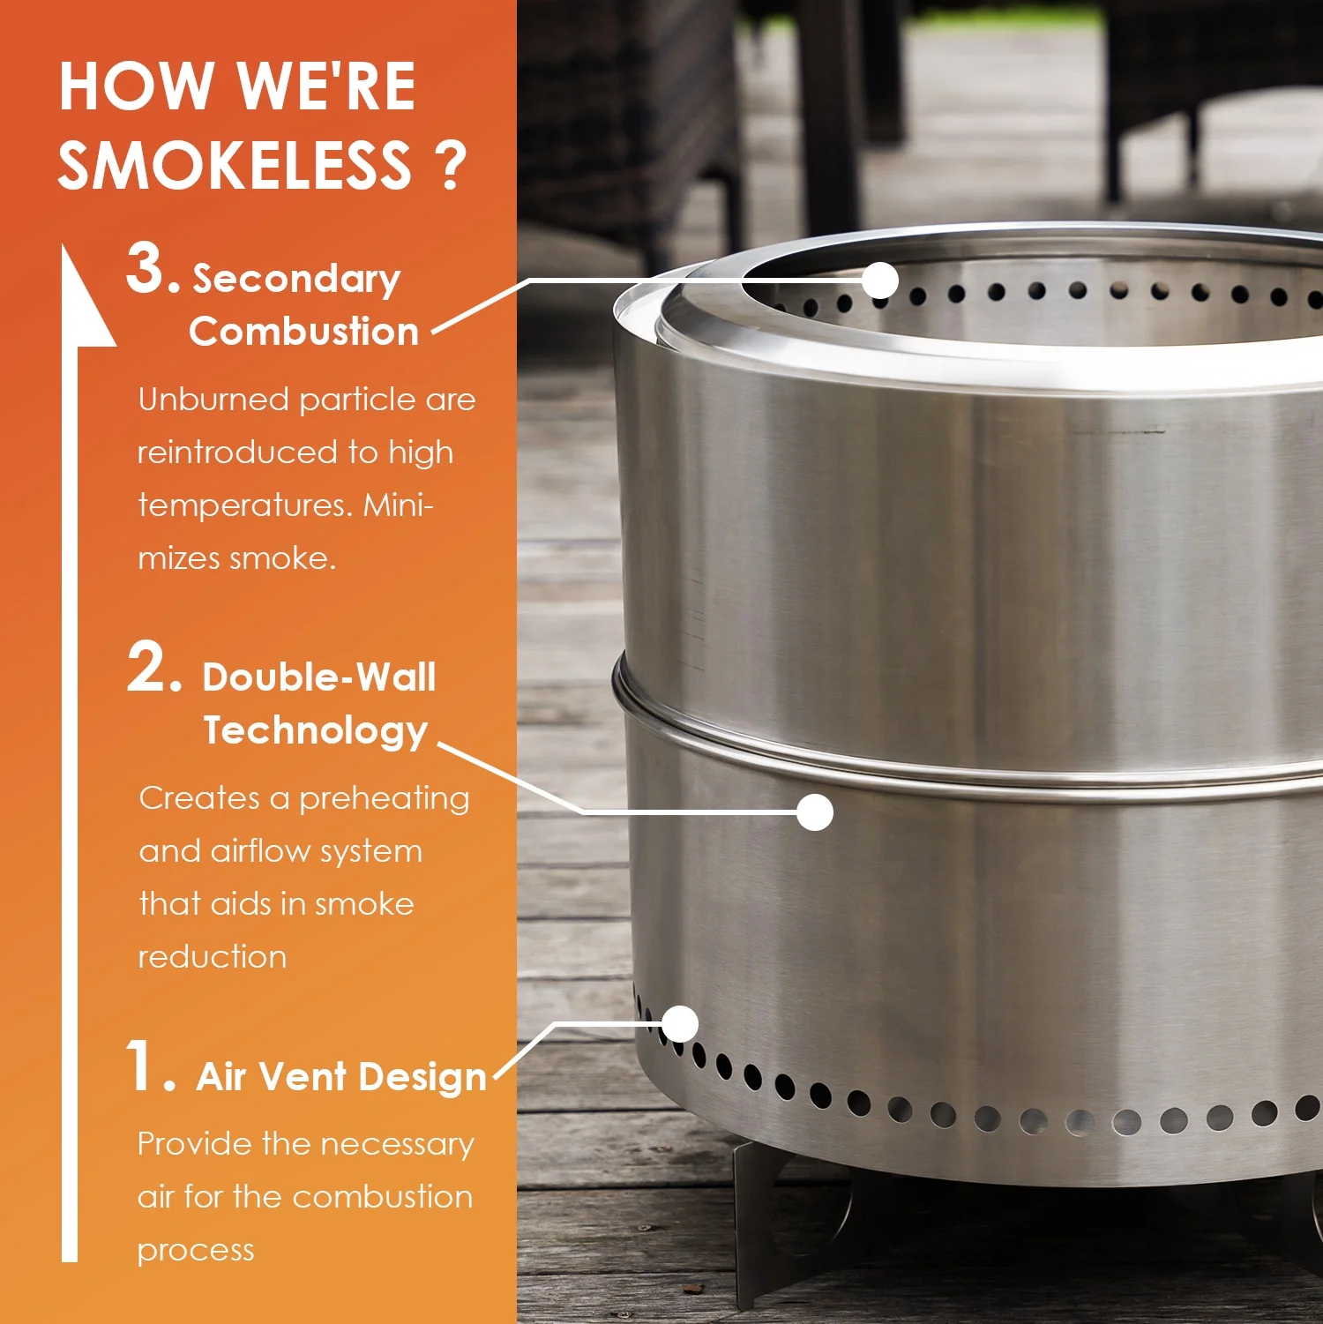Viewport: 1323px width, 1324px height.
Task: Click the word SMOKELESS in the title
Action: pos(235,165)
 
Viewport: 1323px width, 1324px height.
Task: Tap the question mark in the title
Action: pos(450,165)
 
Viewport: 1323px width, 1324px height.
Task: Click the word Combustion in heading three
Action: pos(303,332)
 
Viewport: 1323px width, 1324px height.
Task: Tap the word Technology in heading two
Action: pos(316,730)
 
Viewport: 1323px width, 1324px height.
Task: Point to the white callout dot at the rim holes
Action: pos(879,281)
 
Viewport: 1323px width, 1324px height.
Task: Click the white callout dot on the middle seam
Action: pos(814,812)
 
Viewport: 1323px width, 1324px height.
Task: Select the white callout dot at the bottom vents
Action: pos(679,1024)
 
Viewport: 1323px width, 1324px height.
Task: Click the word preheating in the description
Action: pos(384,798)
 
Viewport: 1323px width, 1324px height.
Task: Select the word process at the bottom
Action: pos(196,1251)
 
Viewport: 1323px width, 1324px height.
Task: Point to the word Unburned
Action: pos(213,400)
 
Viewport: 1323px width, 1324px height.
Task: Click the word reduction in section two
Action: pos(213,957)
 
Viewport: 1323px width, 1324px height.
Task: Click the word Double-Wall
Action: pos(319,677)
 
